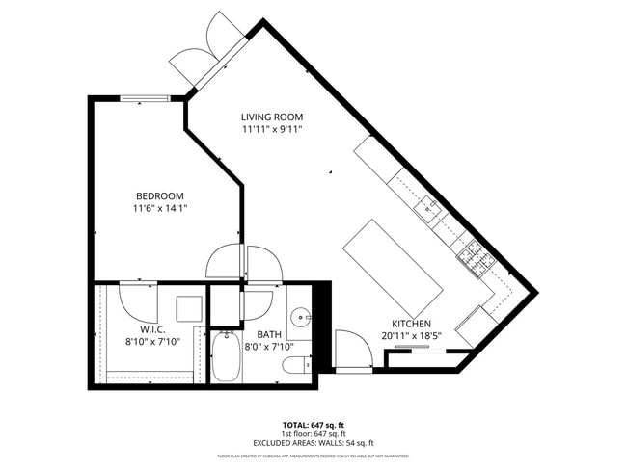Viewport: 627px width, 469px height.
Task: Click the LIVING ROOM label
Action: (271, 117)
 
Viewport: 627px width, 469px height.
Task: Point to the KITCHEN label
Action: (411, 324)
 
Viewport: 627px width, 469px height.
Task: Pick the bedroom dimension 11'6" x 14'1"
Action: (159, 208)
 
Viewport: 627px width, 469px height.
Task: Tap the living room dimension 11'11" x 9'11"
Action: (272, 129)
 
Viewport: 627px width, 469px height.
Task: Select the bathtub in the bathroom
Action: (229, 357)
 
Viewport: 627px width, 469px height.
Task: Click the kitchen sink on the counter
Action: (429, 207)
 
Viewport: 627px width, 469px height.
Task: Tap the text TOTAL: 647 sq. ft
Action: (313, 425)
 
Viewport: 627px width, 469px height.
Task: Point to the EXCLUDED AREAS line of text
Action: (313, 443)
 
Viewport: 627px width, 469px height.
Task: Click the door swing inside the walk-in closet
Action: (138, 301)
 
